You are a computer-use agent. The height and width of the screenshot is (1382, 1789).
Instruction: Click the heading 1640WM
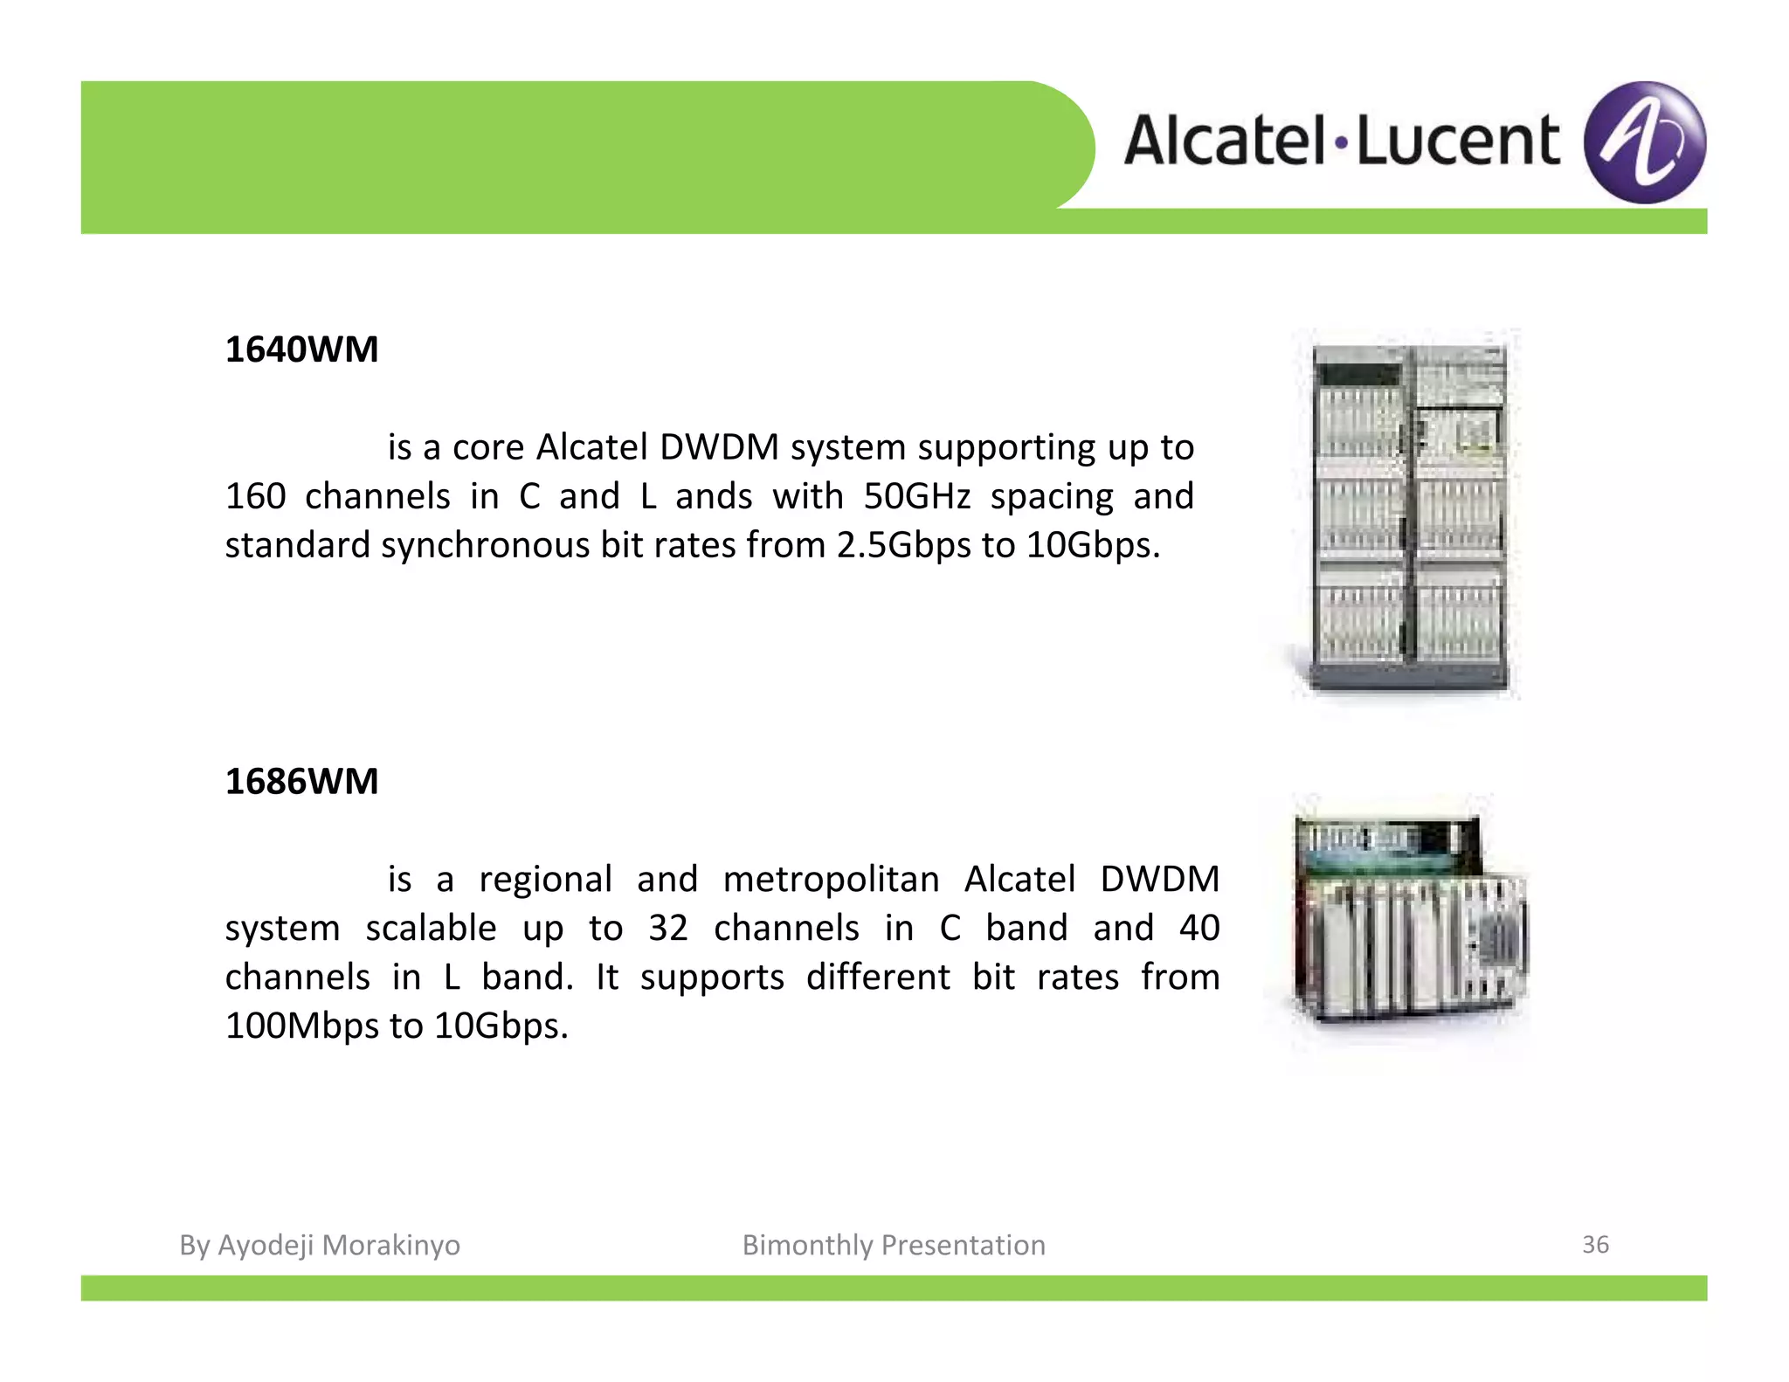[x=301, y=349]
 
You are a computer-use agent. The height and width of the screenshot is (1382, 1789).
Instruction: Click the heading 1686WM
[x=301, y=781]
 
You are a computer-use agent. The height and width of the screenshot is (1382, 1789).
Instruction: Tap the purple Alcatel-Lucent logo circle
[x=1644, y=142]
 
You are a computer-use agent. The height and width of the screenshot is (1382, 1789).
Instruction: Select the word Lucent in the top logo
[x=1457, y=141]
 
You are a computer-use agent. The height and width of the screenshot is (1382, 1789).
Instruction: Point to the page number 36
[x=1595, y=1244]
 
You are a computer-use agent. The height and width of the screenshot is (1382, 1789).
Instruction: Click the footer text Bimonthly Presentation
[x=894, y=1245]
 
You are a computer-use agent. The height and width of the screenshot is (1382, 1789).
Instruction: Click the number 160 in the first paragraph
[x=255, y=496]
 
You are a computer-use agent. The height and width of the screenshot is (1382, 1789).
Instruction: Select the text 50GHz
[x=916, y=496]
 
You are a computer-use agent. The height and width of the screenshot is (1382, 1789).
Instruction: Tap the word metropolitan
[x=831, y=879]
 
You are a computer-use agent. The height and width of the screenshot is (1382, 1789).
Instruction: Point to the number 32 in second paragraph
[x=668, y=928]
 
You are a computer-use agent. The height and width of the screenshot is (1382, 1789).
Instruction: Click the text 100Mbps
[x=301, y=1026]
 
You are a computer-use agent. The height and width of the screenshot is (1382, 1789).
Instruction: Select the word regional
[x=545, y=879]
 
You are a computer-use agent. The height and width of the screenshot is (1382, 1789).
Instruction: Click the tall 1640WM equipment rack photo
[x=1409, y=515]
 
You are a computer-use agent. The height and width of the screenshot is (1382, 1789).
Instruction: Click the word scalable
[x=431, y=928]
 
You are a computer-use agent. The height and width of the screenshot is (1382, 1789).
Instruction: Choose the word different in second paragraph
[x=877, y=977]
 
